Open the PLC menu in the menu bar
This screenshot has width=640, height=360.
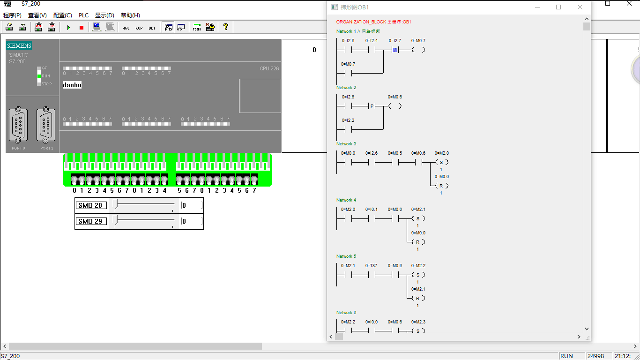(x=83, y=15)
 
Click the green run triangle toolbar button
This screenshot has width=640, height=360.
(x=68, y=28)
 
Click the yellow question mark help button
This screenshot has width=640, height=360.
(x=225, y=27)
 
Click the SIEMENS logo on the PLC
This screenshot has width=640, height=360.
(x=19, y=46)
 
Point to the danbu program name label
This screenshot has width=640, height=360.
(x=72, y=85)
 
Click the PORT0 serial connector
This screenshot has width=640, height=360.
(x=18, y=125)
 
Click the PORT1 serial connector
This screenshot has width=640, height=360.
(x=46, y=125)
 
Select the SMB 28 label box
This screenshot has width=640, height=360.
(x=91, y=205)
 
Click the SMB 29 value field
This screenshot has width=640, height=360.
(x=192, y=221)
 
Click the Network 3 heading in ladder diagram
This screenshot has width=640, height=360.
(x=346, y=144)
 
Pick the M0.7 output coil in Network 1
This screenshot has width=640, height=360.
(x=418, y=50)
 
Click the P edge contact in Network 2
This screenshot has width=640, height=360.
(x=372, y=106)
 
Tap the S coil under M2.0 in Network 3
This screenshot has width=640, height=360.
(x=441, y=162)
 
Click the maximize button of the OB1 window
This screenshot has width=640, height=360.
(x=558, y=7)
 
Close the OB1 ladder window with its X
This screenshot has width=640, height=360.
(x=580, y=7)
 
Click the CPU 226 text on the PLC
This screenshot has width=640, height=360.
(x=269, y=69)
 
